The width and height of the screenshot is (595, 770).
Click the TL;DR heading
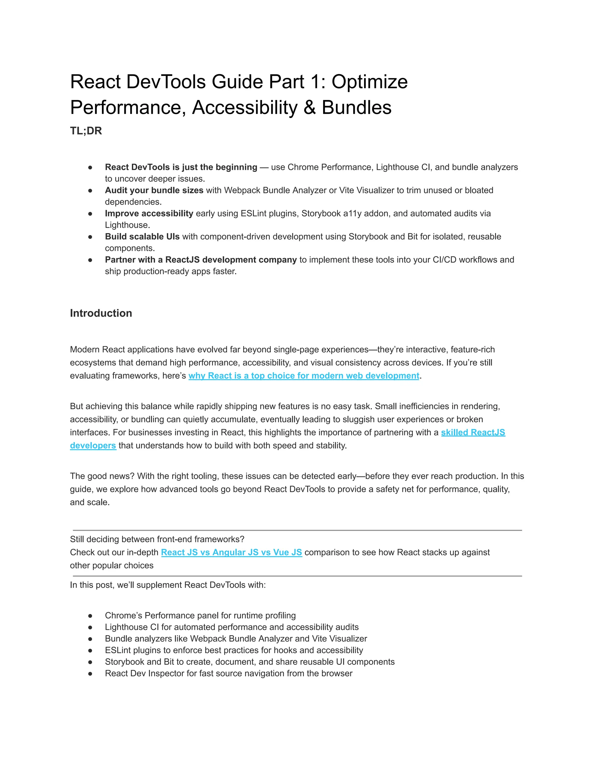point(86,131)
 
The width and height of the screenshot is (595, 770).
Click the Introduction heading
point(101,313)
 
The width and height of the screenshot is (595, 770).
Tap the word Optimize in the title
point(370,82)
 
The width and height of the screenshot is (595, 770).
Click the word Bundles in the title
point(356,108)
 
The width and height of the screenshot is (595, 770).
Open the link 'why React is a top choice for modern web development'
point(304,376)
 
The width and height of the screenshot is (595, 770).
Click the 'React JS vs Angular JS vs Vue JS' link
point(231,552)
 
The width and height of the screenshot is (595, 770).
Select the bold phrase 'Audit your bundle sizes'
point(154,190)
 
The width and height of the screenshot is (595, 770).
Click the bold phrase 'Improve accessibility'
point(149,214)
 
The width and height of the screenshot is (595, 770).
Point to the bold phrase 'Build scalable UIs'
point(142,237)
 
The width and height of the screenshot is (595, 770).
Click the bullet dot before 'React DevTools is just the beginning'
point(90,167)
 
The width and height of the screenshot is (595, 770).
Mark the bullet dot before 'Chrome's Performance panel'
point(90,616)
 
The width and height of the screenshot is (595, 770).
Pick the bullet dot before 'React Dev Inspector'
point(90,674)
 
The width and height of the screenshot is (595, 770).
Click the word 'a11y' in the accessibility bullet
point(352,214)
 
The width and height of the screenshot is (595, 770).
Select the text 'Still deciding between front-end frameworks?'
point(157,539)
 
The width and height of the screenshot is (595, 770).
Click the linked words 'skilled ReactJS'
point(473,433)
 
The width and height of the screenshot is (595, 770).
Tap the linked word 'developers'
point(93,446)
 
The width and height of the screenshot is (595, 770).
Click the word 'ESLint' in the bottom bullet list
point(118,651)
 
